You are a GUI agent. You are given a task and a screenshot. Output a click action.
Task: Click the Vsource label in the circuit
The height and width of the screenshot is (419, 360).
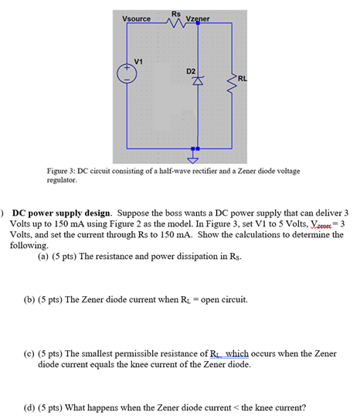click(x=137, y=19)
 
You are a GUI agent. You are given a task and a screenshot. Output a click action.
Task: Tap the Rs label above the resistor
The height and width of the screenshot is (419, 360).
click(x=176, y=14)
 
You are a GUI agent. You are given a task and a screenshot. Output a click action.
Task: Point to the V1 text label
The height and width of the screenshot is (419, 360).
click(x=138, y=61)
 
